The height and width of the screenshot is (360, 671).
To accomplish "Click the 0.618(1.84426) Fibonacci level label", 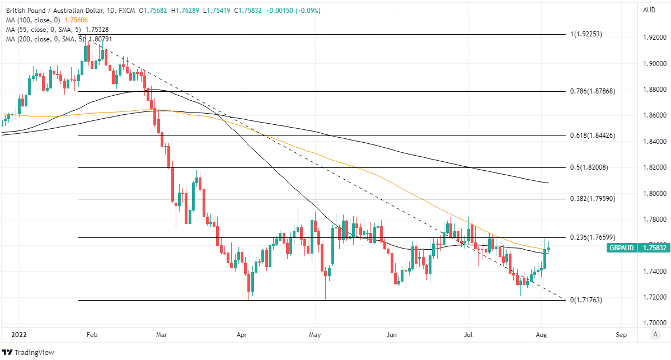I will pyautogui.click(x=592, y=136).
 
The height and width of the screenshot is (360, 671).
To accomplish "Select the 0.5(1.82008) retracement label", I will pyautogui.click(x=589, y=167).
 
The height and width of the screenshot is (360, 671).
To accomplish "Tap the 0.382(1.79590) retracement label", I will pyautogui.click(x=592, y=199).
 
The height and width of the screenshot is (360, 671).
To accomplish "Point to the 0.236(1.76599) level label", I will pyautogui.click(x=592, y=237).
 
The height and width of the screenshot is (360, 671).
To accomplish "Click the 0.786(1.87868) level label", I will pyautogui.click(x=592, y=91).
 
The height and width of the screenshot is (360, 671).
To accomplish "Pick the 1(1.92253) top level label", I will pyautogui.click(x=586, y=34).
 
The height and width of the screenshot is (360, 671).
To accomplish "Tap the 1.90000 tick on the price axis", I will pyautogui.click(x=654, y=64).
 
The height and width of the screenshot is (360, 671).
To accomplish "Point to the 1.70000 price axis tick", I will pyautogui.click(x=654, y=323).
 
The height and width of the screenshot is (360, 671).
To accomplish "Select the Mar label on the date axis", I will pyautogui.click(x=162, y=334).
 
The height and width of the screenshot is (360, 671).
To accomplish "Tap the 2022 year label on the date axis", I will pyautogui.click(x=12, y=334).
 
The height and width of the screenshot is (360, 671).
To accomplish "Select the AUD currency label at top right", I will pyautogui.click(x=649, y=10).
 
